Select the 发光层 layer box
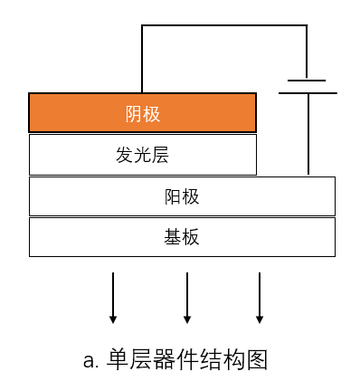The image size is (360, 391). pyautogui.click(x=72, y=155)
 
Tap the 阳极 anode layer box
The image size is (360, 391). pyautogui.click(x=90, y=196)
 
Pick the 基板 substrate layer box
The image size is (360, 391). pyautogui.click(x=90, y=237)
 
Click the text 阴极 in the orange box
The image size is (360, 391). pyautogui.click(x=142, y=114)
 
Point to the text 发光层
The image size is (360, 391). pyautogui.click(x=142, y=155)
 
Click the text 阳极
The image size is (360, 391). pyautogui.click(x=182, y=196)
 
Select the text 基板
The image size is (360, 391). pyautogui.click(x=182, y=237)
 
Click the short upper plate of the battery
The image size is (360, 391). pyautogui.click(x=308, y=81)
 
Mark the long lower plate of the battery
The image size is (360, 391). pyautogui.click(x=308, y=92)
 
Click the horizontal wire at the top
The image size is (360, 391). pyautogui.click(x=226, y=26)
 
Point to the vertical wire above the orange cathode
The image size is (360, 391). pyautogui.click(x=142, y=59)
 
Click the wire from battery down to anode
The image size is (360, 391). pyautogui.click(x=308, y=136)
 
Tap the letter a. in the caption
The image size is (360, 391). pyautogui.click(x=90, y=359)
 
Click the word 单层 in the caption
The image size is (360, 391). pyautogui.click(x=128, y=359)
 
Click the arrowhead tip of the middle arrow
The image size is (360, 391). pyautogui.click(x=187, y=320)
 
